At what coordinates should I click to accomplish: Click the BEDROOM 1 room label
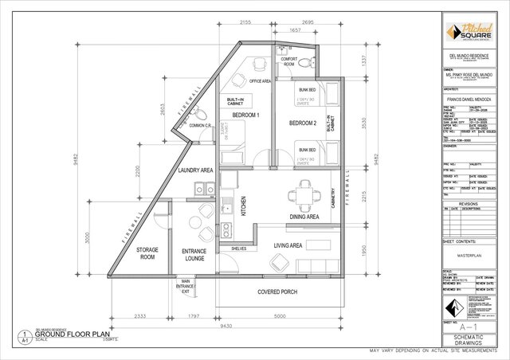tap(245, 115)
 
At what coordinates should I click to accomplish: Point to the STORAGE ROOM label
tap(148, 253)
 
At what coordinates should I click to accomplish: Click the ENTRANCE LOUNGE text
tap(194, 255)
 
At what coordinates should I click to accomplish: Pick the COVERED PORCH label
tap(277, 292)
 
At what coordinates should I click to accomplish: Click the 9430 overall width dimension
tap(226, 325)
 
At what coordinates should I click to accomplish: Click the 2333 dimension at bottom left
tap(139, 317)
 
